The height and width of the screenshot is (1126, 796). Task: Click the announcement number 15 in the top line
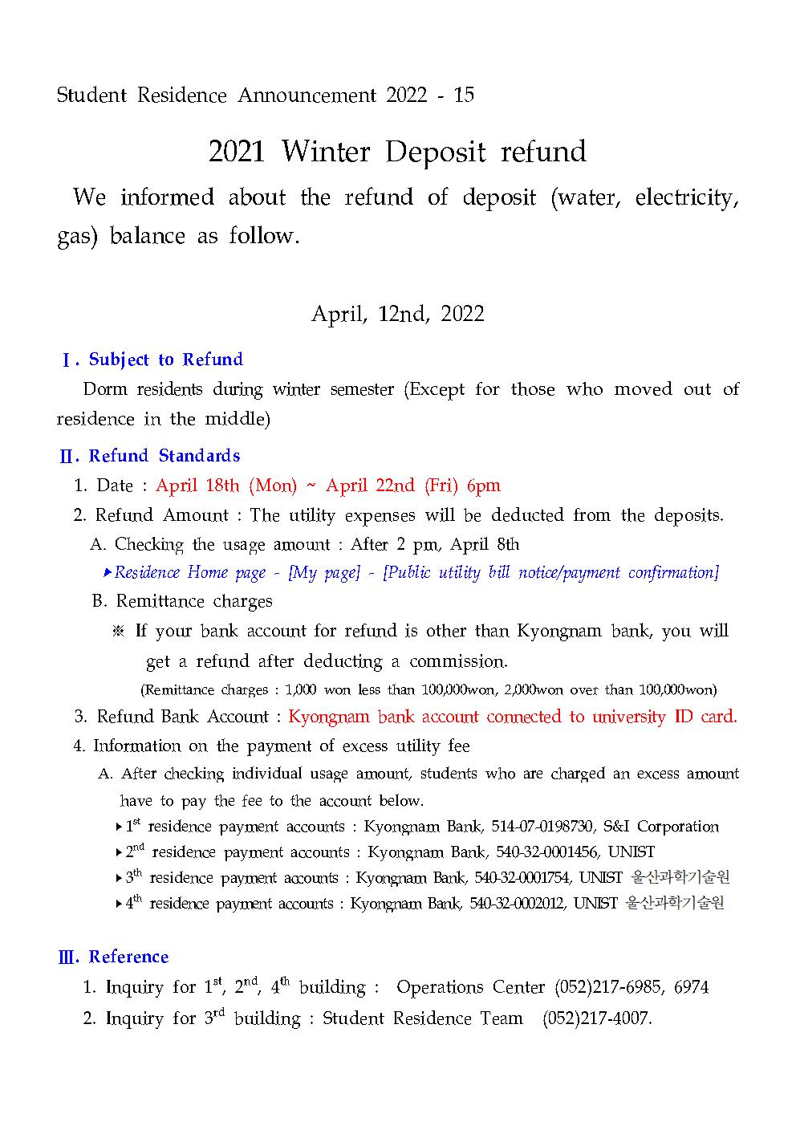464,96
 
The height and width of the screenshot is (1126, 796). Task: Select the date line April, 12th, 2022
397,314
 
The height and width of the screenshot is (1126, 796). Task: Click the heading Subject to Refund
165,360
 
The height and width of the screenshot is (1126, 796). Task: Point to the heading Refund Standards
164,456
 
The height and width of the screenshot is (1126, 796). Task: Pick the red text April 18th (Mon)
226,486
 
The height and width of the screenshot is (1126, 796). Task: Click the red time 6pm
483,486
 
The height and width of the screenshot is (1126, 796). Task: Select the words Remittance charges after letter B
194,601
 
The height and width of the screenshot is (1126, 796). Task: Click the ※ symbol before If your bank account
119,631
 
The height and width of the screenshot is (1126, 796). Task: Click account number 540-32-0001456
546,852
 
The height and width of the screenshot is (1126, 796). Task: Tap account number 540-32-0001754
522,878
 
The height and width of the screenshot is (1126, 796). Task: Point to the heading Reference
128,957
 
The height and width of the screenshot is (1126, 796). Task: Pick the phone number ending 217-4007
596,1018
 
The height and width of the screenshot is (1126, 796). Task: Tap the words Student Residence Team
422,1018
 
